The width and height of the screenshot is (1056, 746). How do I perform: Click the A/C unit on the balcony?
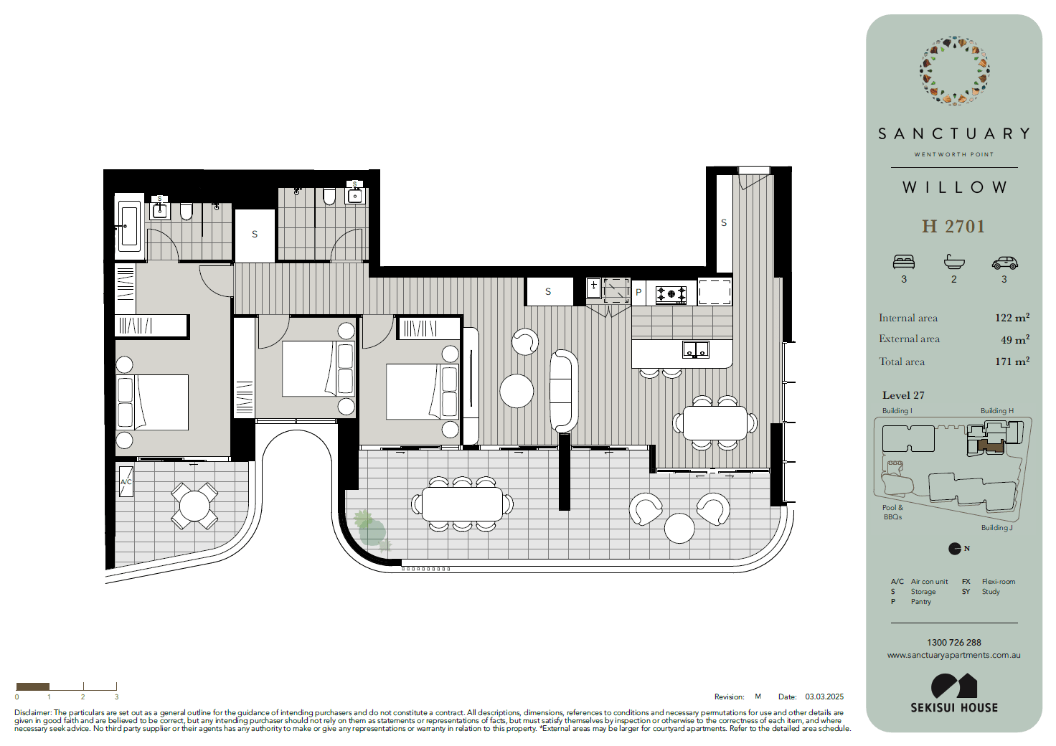point(126,481)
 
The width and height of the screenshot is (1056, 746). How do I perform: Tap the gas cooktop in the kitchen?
point(671,295)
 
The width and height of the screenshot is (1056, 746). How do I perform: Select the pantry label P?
point(638,292)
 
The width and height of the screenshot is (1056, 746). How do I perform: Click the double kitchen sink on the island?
point(695,349)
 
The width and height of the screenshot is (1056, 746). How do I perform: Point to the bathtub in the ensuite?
point(128,226)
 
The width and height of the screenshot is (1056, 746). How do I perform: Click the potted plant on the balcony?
point(372,531)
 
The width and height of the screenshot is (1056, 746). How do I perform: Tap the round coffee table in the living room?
point(517,391)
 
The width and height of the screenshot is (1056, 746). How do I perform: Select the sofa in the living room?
point(563,391)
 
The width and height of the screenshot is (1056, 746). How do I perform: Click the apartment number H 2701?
point(953,226)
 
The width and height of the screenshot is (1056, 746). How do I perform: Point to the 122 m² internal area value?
point(1012,317)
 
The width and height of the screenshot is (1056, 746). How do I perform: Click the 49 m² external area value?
point(1015,339)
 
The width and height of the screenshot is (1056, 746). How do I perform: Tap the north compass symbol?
point(955,549)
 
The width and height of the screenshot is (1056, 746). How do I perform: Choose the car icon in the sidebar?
point(1004,263)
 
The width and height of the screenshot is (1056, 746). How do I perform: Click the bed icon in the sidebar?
point(904,262)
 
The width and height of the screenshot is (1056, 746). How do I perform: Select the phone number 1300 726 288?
point(953,642)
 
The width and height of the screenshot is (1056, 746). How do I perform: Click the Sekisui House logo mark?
point(953,686)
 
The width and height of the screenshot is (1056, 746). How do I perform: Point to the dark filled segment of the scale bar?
point(32,686)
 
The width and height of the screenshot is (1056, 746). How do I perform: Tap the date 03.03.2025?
point(824,697)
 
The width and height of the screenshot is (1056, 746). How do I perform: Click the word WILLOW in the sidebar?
point(954,187)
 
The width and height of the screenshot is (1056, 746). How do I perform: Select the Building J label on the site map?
point(996,528)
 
